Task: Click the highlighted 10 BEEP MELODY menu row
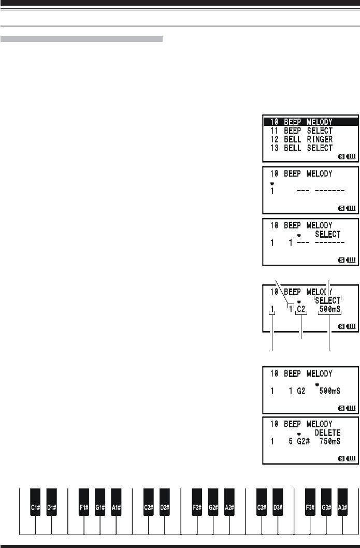point(310,122)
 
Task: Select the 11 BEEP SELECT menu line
point(297,131)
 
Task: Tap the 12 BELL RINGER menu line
point(297,140)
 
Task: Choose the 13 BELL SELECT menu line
point(297,148)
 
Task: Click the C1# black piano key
point(35,508)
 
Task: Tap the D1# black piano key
point(51,508)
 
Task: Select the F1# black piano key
point(84,508)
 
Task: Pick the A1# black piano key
point(116,508)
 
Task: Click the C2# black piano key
point(148,508)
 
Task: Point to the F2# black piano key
point(197,508)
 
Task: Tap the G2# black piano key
point(213,508)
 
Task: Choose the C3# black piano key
point(262,508)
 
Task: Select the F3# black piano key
point(310,508)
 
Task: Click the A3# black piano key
point(342,508)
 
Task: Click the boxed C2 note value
point(301,310)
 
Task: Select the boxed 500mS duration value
point(332,310)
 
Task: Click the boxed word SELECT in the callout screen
point(328,300)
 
